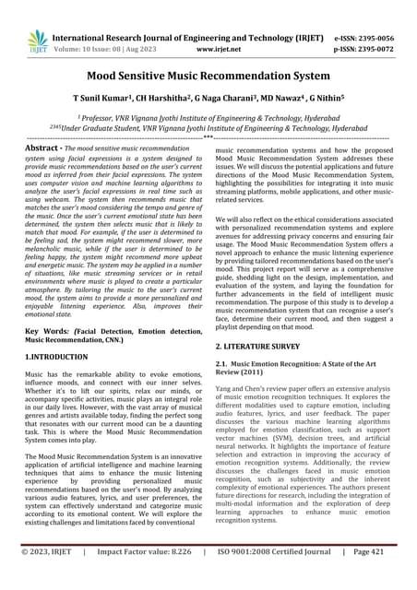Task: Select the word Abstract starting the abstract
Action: coord(42,147)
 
